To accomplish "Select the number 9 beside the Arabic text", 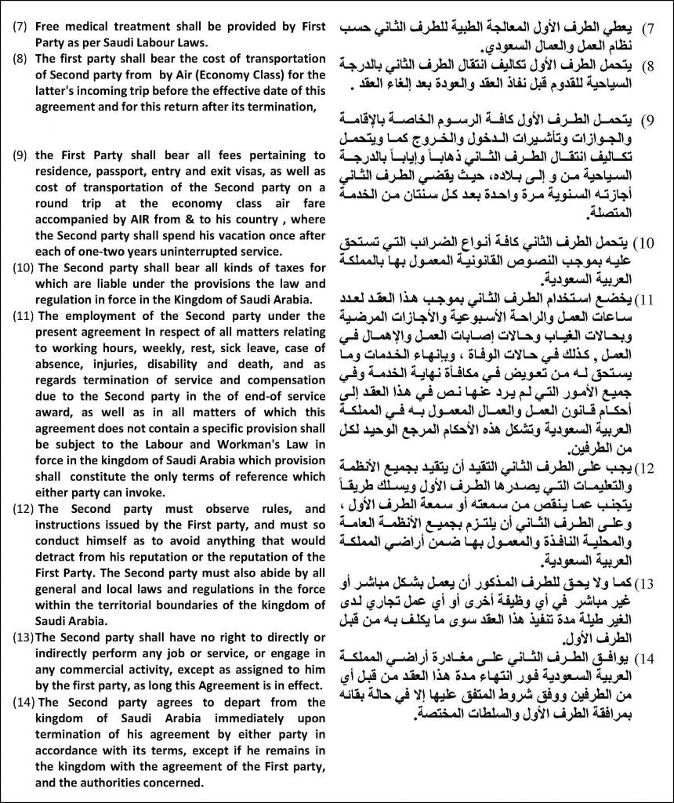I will (649, 122).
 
